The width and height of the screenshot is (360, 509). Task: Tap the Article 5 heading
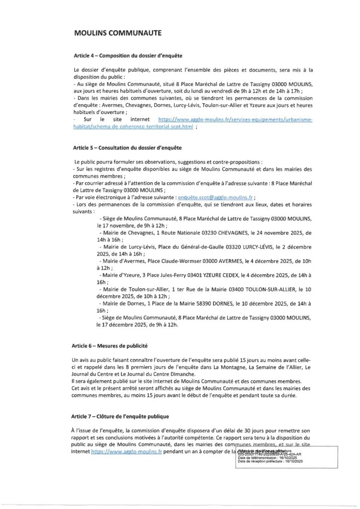coord(127,148)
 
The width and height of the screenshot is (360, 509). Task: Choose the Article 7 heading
coord(120,416)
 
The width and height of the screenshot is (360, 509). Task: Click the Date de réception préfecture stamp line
coord(270,462)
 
